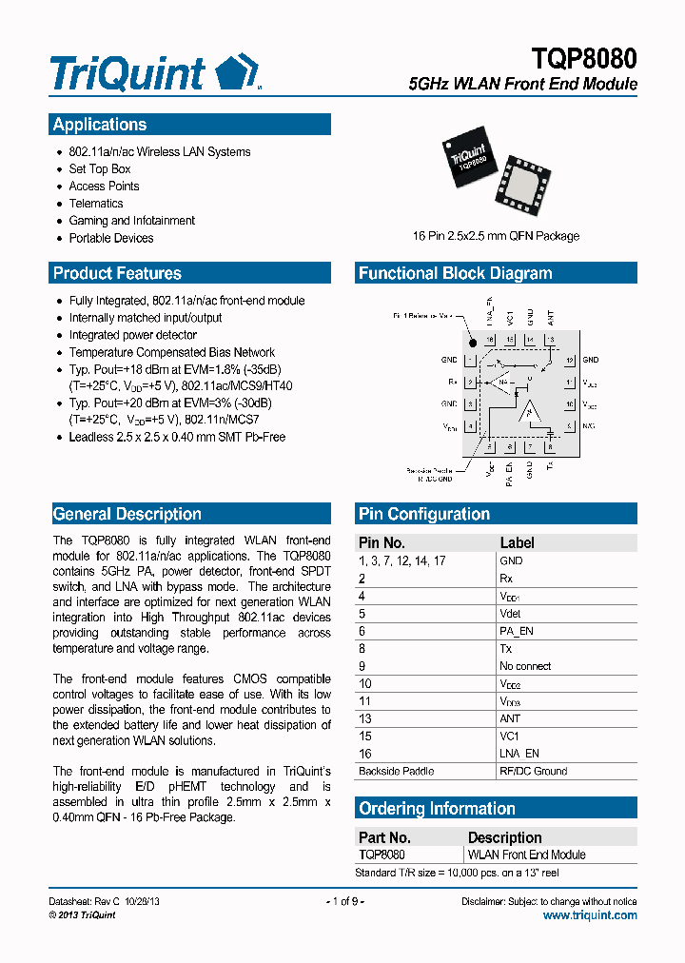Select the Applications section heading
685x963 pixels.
100,125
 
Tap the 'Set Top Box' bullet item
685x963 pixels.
100,169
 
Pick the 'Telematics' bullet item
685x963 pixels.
96,204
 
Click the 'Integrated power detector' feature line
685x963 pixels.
133,335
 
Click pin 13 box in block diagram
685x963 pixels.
550,340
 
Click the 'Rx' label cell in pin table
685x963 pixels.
506,579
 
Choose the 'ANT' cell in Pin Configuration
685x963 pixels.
510,718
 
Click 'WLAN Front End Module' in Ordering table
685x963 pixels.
527,855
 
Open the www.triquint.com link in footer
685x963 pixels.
590,915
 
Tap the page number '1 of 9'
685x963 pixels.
345,901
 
